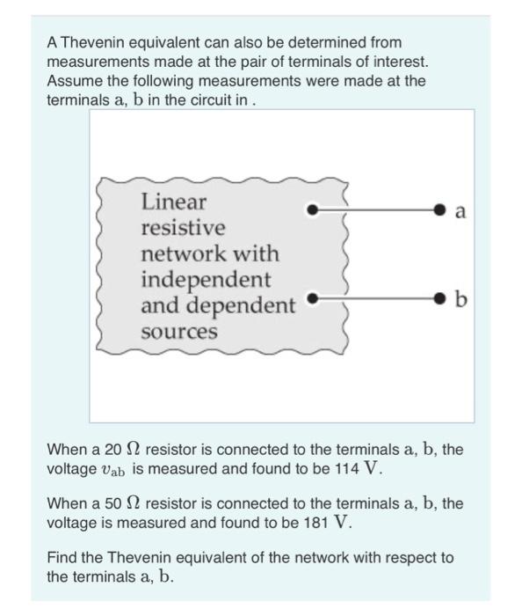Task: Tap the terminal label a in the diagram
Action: coord(461,211)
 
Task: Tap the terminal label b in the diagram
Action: coord(461,301)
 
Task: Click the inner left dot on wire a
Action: coord(311,210)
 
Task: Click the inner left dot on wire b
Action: coord(311,300)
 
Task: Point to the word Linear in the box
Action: coord(173,202)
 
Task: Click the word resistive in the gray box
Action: coord(183,228)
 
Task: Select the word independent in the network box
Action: coord(207,280)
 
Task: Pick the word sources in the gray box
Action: coord(178,332)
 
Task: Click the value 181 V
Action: coord(329,523)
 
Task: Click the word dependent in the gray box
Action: coord(247,306)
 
